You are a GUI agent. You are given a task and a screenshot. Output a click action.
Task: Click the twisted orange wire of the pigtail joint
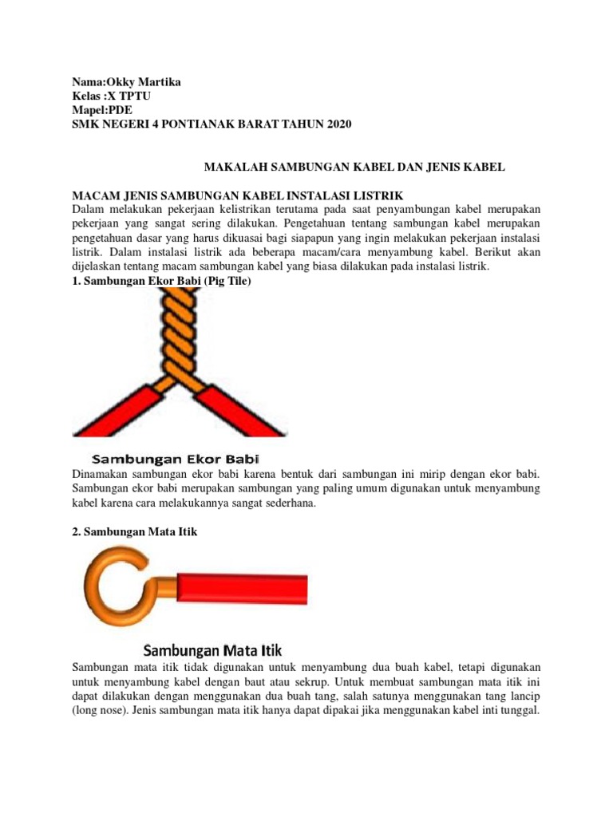[177, 335]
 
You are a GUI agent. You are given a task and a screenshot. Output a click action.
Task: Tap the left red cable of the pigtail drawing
[112, 412]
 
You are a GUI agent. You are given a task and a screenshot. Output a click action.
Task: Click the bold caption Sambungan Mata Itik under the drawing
[213, 649]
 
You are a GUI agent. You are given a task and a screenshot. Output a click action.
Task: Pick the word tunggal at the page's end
[519, 709]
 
